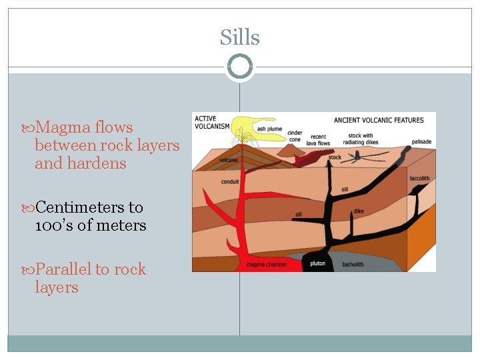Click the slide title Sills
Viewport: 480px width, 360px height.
[x=240, y=38]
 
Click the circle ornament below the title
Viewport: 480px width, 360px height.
[x=240, y=67]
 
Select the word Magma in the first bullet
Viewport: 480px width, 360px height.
[x=64, y=127]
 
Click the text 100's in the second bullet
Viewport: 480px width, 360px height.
[x=53, y=225]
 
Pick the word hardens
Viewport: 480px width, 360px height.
[x=101, y=163]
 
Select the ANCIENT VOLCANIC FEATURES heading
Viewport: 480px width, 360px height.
[x=379, y=121]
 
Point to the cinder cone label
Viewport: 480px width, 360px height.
[x=295, y=136]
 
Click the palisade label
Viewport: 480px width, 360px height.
[x=421, y=142]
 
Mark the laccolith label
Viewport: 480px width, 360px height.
[x=419, y=178]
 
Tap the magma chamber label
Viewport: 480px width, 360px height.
[x=266, y=264]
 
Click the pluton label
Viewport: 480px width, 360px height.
[x=318, y=263]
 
